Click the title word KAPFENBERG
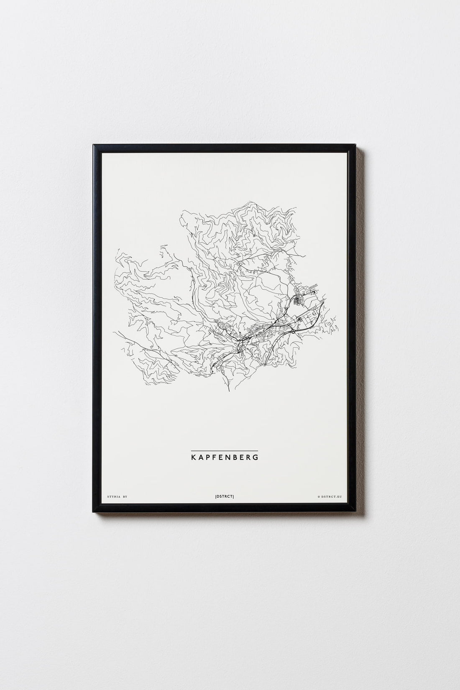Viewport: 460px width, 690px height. pos(224,457)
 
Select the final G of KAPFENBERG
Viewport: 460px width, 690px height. pos(256,457)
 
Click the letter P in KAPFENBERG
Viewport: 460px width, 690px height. pos(207,457)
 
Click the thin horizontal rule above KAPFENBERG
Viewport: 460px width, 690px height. pos(224,450)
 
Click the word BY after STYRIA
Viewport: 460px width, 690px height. pos(125,496)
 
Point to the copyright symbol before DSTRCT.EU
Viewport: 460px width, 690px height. pos(319,497)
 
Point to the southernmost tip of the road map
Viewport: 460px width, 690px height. pos(229,392)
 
